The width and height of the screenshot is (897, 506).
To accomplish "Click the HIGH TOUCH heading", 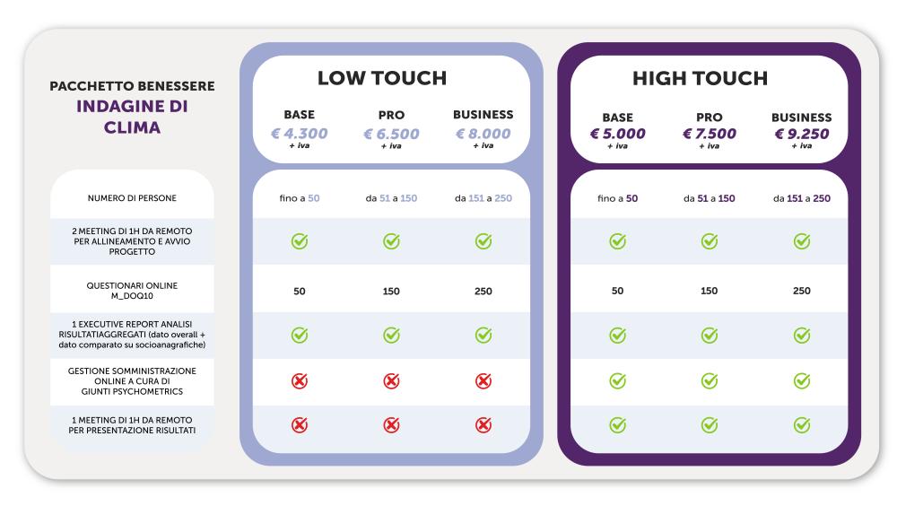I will click(x=700, y=78).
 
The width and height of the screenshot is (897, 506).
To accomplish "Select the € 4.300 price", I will click(x=300, y=133).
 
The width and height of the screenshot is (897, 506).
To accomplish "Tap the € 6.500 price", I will click(x=391, y=133).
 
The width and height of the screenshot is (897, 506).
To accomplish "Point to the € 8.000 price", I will click(x=483, y=133).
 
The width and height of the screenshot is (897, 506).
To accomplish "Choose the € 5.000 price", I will click(x=617, y=134).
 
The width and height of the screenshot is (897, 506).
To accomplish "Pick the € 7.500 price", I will click(x=709, y=134).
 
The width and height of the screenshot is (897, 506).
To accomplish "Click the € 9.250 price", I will click(x=801, y=134).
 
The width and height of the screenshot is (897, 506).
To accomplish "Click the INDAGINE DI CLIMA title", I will click(x=131, y=117).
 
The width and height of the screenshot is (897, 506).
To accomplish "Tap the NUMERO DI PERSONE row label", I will click(x=131, y=197).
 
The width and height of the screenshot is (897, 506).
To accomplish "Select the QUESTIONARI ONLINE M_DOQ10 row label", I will click(x=131, y=291).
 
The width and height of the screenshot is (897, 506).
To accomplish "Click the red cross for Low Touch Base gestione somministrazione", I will click(x=300, y=380).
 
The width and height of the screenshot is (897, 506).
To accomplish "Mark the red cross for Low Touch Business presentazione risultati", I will click(x=483, y=425).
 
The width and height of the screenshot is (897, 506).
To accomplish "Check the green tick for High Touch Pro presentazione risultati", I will click(x=709, y=425).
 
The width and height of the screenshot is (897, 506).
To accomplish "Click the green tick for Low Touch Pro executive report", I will click(x=391, y=335).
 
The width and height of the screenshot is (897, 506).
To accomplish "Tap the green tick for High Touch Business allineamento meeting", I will click(x=801, y=241).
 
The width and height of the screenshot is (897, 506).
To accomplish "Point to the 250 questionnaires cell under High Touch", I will click(x=801, y=291).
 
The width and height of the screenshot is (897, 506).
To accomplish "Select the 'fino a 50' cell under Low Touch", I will click(x=300, y=197).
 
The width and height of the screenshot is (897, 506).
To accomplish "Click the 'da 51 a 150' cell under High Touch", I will click(x=709, y=197).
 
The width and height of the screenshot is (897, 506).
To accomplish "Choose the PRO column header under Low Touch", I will click(x=391, y=116).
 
